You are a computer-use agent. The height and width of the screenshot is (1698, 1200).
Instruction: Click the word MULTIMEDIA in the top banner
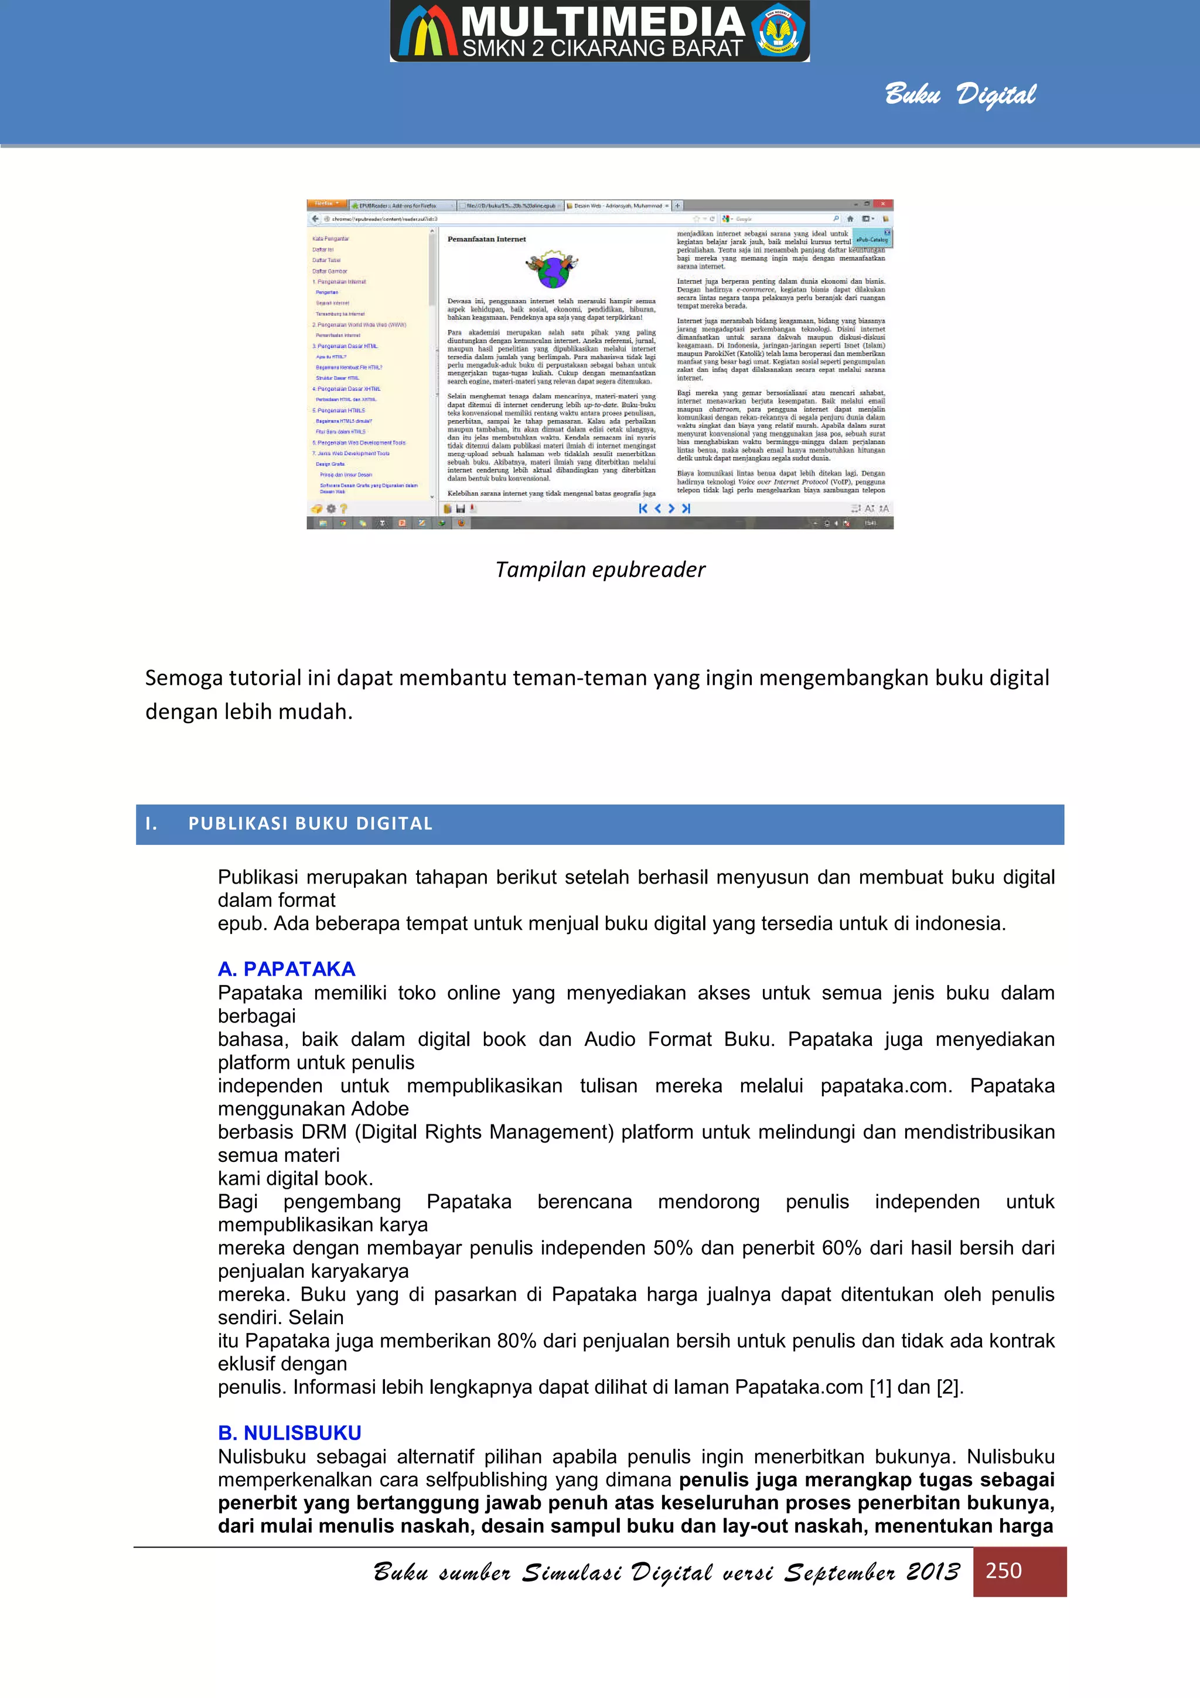pos(602,22)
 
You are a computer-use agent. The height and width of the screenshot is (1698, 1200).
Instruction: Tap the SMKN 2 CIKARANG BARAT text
pos(602,49)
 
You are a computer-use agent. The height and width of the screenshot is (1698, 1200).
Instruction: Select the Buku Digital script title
pos(960,95)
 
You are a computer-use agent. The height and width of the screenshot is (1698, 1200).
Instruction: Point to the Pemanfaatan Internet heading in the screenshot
pos(486,239)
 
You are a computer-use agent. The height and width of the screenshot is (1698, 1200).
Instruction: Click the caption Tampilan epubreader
pos(599,570)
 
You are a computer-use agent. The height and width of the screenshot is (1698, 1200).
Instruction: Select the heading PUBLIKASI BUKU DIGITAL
pos(311,824)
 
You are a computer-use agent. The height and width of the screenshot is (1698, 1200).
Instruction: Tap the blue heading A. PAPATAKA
pos(286,969)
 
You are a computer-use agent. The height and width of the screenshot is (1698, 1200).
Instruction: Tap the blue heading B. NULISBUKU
pos(289,1433)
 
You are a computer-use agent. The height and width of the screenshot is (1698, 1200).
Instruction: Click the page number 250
pos(1003,1570)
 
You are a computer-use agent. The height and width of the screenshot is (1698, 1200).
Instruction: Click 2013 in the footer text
pos(932,1571)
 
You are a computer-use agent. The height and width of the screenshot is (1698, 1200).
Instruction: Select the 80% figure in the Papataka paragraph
pos(516,1340)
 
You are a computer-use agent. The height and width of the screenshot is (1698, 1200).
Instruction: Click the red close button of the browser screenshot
pos(883,203)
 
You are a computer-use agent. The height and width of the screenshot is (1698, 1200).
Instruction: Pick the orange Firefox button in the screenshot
pos(326,203)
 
